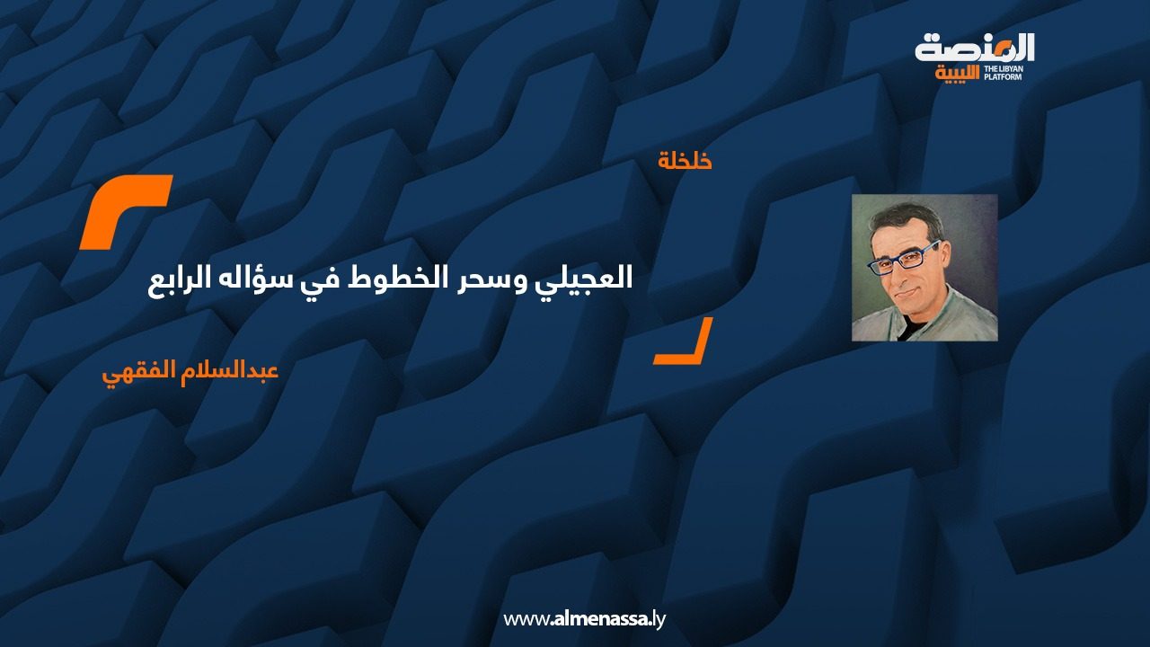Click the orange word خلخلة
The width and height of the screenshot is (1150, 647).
[x=685, y=161]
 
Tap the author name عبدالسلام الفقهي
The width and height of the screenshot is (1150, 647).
[x=190, y=372]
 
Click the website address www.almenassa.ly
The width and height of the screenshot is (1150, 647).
[x=584, y=619]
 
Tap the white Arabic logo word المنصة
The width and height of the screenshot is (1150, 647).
[x=975, y=49]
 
